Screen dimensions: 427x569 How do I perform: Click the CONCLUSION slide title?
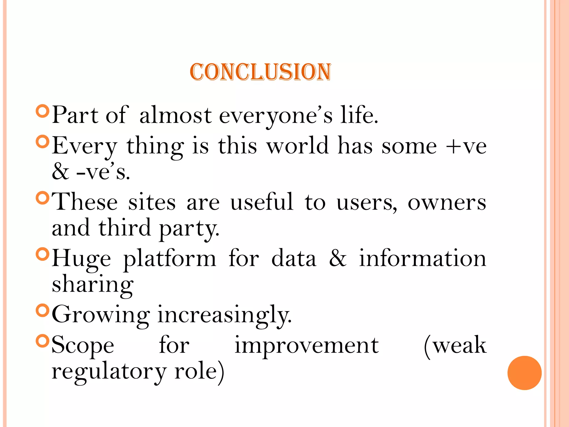[260, 72]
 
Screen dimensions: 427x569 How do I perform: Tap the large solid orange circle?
[524, 373]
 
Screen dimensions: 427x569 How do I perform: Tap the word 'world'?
[298, 146]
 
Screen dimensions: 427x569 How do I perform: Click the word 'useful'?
[262, 202]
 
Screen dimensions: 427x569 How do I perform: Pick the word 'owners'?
[447, 203]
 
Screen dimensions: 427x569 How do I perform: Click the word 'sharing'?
[93, 285]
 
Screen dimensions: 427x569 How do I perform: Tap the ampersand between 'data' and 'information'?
[338, 258]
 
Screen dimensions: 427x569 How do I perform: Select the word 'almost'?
[176, 116]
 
